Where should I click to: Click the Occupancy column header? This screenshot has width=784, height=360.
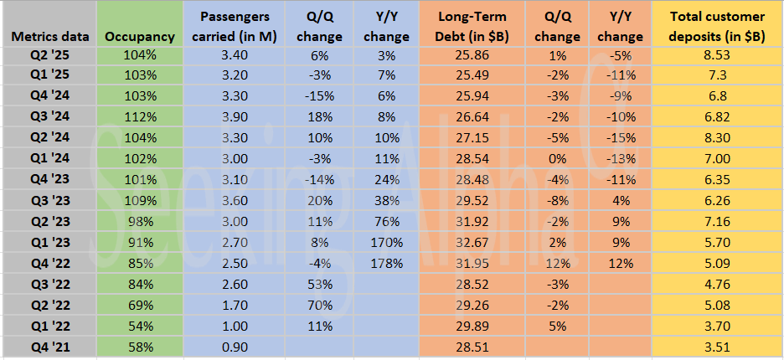(x=140, y=37)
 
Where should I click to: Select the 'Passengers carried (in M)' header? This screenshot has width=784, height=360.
(x=231, y=27)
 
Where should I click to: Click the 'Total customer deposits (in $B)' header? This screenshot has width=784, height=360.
(x=716, y=27)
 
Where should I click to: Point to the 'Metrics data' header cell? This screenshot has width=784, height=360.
(x=48, y=37)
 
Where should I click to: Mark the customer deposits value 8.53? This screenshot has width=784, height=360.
(x=716, y=54)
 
